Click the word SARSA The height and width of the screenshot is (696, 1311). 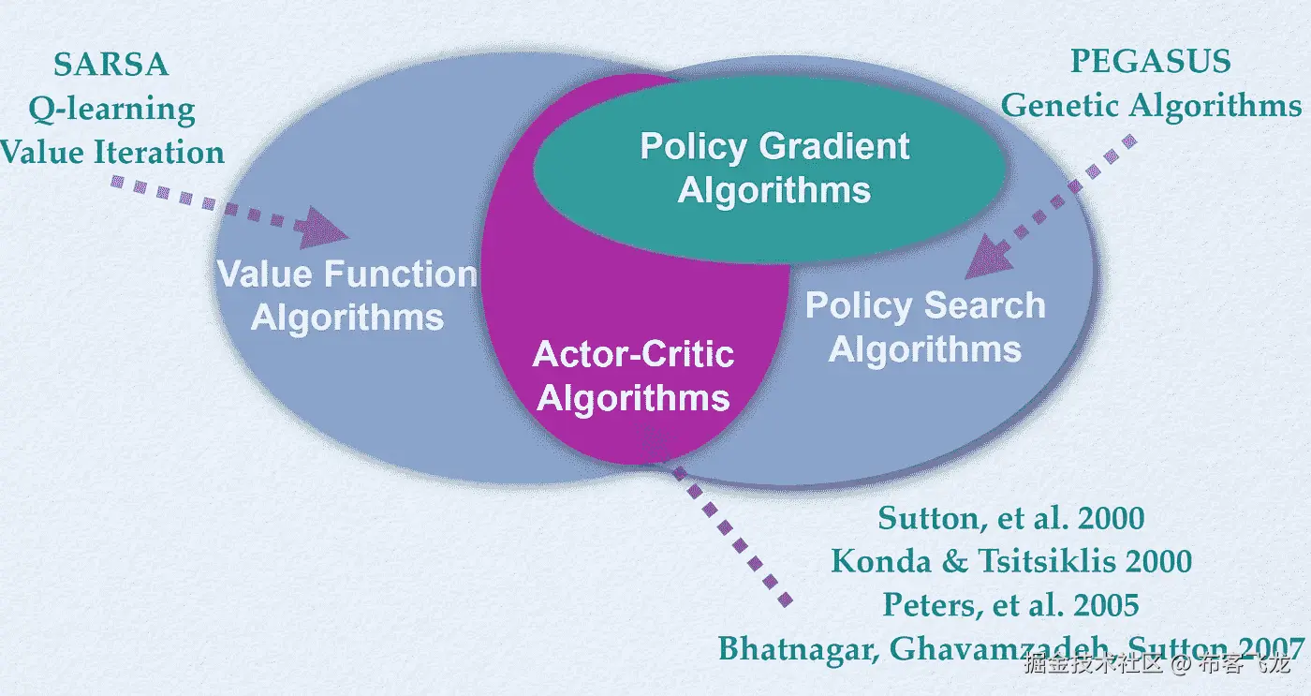110,65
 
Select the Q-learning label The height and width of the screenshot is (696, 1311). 111,109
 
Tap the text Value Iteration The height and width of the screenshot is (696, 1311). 112,152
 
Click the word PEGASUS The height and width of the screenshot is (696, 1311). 1150,62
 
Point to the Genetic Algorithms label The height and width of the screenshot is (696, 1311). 1151,105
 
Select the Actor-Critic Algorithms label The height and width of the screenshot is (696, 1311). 633,376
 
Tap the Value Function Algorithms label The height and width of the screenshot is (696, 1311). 347,295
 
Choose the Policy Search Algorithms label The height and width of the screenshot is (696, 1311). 925,327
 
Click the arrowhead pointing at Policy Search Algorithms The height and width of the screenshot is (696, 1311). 988,259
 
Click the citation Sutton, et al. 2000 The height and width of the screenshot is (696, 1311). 1011,518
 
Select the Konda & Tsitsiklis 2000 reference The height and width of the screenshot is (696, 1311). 1011,561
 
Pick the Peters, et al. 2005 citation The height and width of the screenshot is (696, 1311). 1011,604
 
